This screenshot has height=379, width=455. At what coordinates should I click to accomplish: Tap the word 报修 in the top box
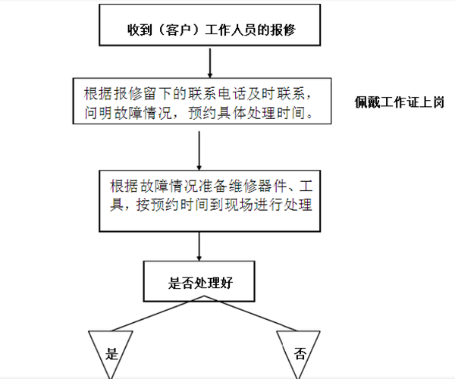[x=283, y=30]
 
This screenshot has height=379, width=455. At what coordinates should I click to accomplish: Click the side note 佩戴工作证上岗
[x=400, y=102]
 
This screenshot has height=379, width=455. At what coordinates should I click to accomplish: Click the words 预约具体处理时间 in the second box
[x=247, y=112]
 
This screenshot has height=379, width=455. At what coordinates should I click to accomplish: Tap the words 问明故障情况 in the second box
[x=128, y=112]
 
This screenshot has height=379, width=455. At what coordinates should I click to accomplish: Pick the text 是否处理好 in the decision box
[x=200, y=283]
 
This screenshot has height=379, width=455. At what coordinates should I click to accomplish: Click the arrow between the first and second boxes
[x=210, y=63]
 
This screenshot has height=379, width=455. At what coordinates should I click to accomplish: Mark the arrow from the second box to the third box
[x=199, y=151]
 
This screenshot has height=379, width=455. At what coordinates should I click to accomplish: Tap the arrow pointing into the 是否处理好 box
[x=199, y=246]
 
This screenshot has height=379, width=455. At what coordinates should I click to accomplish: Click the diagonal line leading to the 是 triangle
[x=158, y=314]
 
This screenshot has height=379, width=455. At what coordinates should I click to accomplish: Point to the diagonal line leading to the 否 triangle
[x=251, y=314]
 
